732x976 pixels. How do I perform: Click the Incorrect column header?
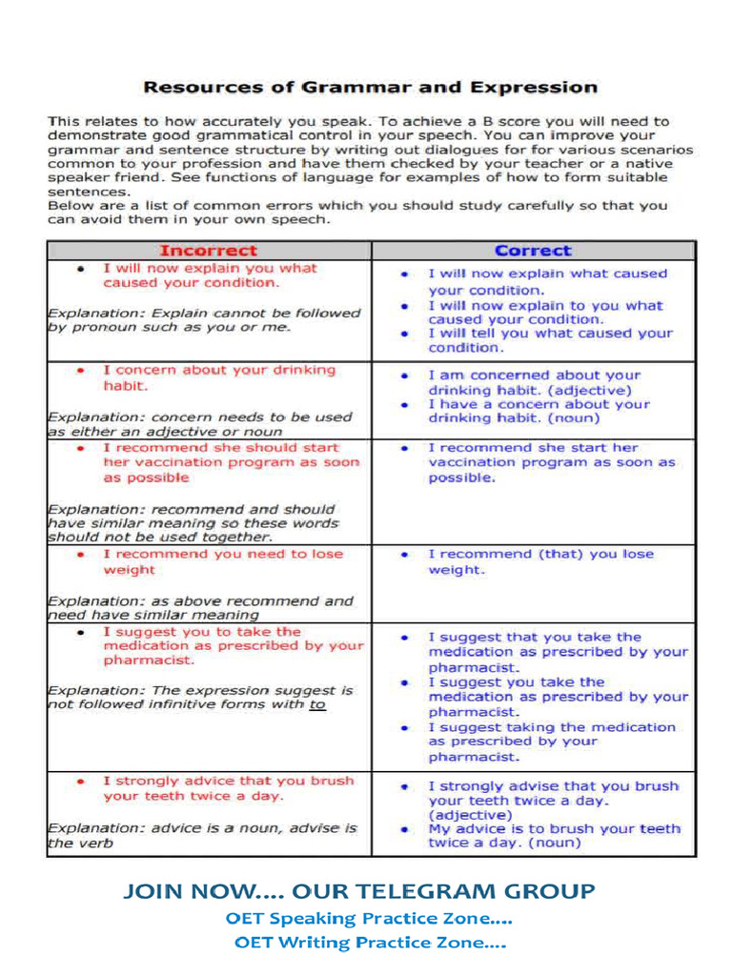pyautogui.click(x=208, y=251)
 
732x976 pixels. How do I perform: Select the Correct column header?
pyautogui.click(x=533, y=251)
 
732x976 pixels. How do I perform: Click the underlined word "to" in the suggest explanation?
pyautogui.click(x=316, y=704)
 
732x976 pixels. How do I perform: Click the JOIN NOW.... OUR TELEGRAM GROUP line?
pyautogui.click(x=359, y=891)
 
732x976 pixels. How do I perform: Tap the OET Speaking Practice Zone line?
pyautogui.click(x=369, y=919)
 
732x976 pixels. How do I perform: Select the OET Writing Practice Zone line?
pyautogui.click(x=369, y=944)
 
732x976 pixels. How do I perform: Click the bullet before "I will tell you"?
pyautogui.click(x=405, y=334)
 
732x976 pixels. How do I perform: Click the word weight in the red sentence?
pyautogui.click(x=128, y=570)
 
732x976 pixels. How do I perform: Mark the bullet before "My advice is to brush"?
pyautogui.click(x=405, y=829)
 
